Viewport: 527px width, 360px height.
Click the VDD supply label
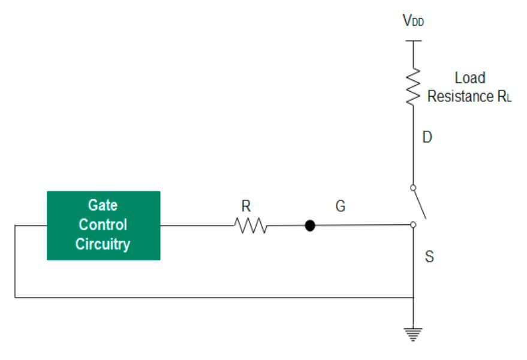(414, 21)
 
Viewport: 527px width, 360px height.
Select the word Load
(470, 78)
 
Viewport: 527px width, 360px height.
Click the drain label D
(427, 137)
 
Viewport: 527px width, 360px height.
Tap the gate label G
(340, 207)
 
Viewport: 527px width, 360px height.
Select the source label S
(429, 257)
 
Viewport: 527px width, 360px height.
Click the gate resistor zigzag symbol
(251, 226)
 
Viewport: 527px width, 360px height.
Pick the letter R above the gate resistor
(246, 206)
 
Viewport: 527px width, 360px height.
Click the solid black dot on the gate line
(309, 226)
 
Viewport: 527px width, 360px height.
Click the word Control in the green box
(103, 225)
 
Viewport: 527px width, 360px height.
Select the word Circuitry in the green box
(103, 244)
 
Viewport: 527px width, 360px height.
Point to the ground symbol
(413, 333)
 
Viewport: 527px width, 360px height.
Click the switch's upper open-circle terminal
(413, 188)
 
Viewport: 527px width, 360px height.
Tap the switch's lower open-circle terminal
(413, 225)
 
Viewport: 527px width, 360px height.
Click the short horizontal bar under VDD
(413, 41)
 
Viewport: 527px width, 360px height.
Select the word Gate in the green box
(103, 205)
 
